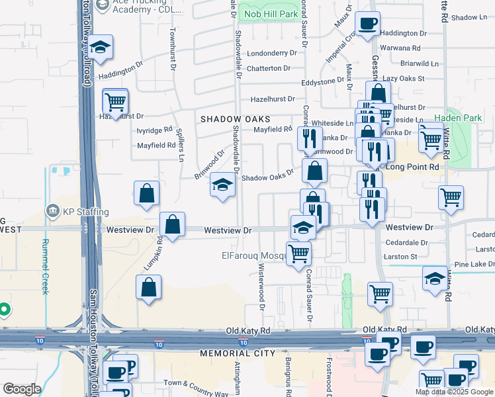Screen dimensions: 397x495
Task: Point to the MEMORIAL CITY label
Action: [238, 353]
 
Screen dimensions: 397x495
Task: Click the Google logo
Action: [21, 389]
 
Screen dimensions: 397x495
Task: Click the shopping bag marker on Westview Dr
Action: [172, 224]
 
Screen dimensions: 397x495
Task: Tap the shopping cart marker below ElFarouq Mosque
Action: [299, 252]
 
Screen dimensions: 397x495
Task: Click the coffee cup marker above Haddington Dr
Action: [367, 24]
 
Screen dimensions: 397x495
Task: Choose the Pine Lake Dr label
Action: [474, 264]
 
